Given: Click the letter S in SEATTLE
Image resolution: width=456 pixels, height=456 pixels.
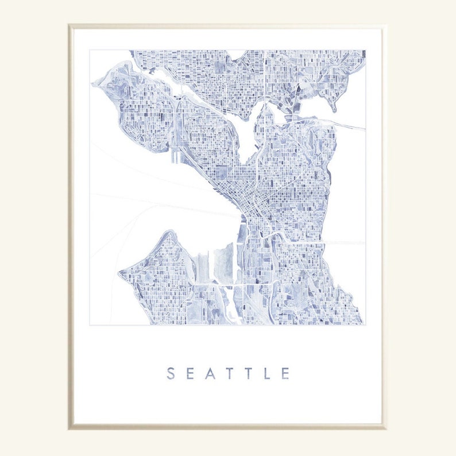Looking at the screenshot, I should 171,373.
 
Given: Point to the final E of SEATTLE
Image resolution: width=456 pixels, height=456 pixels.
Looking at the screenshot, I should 285,373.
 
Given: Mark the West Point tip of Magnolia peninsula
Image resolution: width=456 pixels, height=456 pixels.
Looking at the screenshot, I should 94,85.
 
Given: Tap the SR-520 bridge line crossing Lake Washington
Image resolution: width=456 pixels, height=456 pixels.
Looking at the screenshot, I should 345,125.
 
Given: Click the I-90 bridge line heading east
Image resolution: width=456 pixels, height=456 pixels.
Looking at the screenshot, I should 345,242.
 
